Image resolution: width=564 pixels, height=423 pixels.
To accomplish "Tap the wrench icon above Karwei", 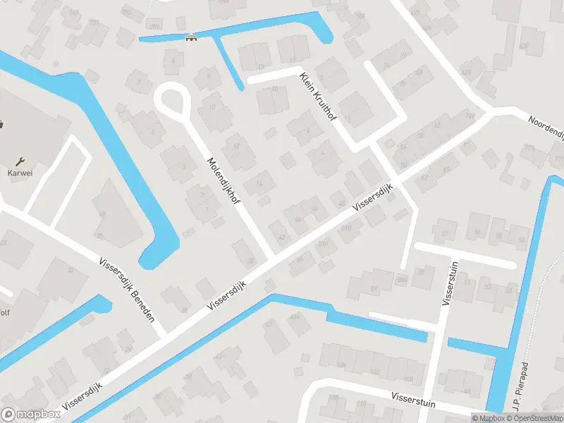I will click(x=21, y=161).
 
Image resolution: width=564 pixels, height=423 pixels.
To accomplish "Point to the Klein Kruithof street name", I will click(x=319, y=100).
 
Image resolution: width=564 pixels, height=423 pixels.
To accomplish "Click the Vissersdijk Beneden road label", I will click(x=128, y=288).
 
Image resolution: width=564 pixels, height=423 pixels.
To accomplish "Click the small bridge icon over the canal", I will click(x=189, y=38).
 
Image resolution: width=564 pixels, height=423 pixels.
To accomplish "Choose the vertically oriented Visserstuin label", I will click(x=446, y=281).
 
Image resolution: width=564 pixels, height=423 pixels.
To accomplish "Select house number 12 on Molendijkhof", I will click(x=236, y=147).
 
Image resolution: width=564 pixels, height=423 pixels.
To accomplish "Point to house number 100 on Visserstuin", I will click(x=341, y=365).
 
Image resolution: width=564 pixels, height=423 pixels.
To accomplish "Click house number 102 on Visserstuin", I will click(x=374, y=372).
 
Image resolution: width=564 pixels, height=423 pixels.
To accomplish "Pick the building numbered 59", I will click(x=446, y=170).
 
